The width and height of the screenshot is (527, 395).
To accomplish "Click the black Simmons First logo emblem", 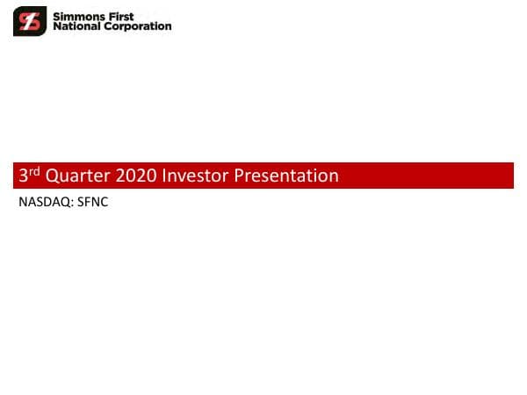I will click(x=29, y=21).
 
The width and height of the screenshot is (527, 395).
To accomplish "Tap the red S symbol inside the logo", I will click(x=29, y=21).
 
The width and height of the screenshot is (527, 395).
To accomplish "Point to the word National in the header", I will click(x=76, y=26).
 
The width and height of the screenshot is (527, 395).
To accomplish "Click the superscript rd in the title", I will click(x=34, y=172).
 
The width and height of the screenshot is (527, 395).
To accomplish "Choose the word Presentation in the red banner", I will click(x=289, y=176).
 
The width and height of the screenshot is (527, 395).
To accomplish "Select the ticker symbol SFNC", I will click(x=93, y=203).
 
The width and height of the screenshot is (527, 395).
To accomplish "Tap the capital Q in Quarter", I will click(x=51, y=176).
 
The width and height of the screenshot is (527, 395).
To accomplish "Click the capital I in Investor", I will click(x=163, y=176).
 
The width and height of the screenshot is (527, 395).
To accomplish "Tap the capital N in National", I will click(x=57, y=26).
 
